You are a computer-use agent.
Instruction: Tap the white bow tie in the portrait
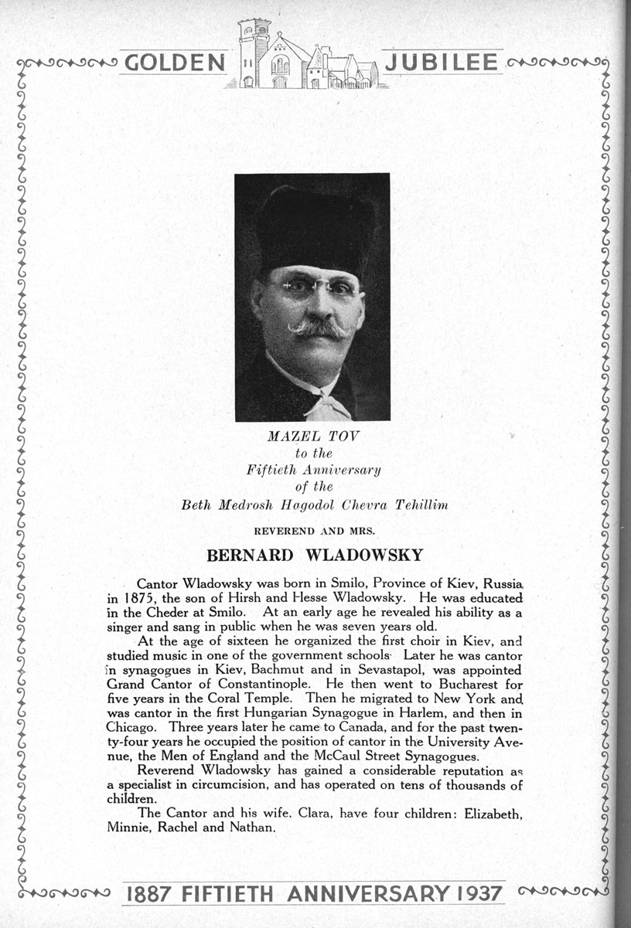[327, 404]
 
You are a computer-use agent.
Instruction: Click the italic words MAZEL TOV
[314, 437]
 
